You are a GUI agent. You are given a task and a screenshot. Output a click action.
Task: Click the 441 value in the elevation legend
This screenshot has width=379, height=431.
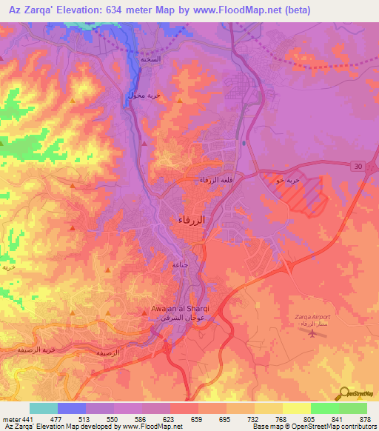click(28, 418)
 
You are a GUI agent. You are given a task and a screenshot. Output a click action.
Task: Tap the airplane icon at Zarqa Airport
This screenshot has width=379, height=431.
click(313, 333)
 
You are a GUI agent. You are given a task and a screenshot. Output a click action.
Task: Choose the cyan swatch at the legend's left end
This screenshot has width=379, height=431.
click(44, 408)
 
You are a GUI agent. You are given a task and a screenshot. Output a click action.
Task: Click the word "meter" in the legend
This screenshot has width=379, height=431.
click(11, 418)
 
